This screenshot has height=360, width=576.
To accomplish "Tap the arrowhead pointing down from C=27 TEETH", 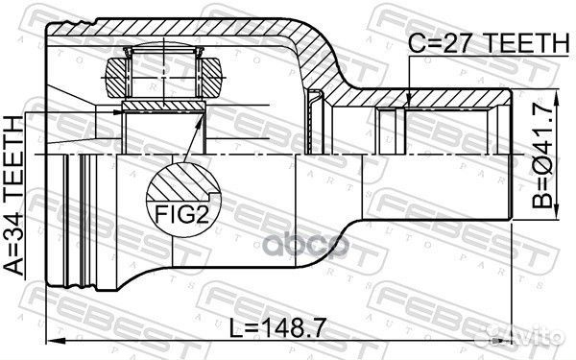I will [x=409, y=98].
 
